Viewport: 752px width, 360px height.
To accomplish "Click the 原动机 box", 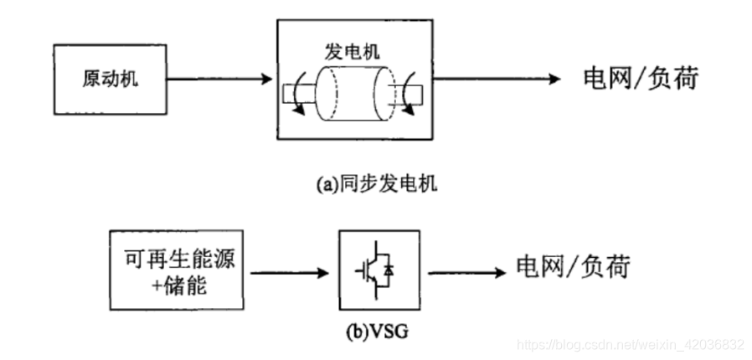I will point(111,80).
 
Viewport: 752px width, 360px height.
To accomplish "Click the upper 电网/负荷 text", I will point(640,79).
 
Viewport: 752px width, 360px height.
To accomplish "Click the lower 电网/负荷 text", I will point(572,268).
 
